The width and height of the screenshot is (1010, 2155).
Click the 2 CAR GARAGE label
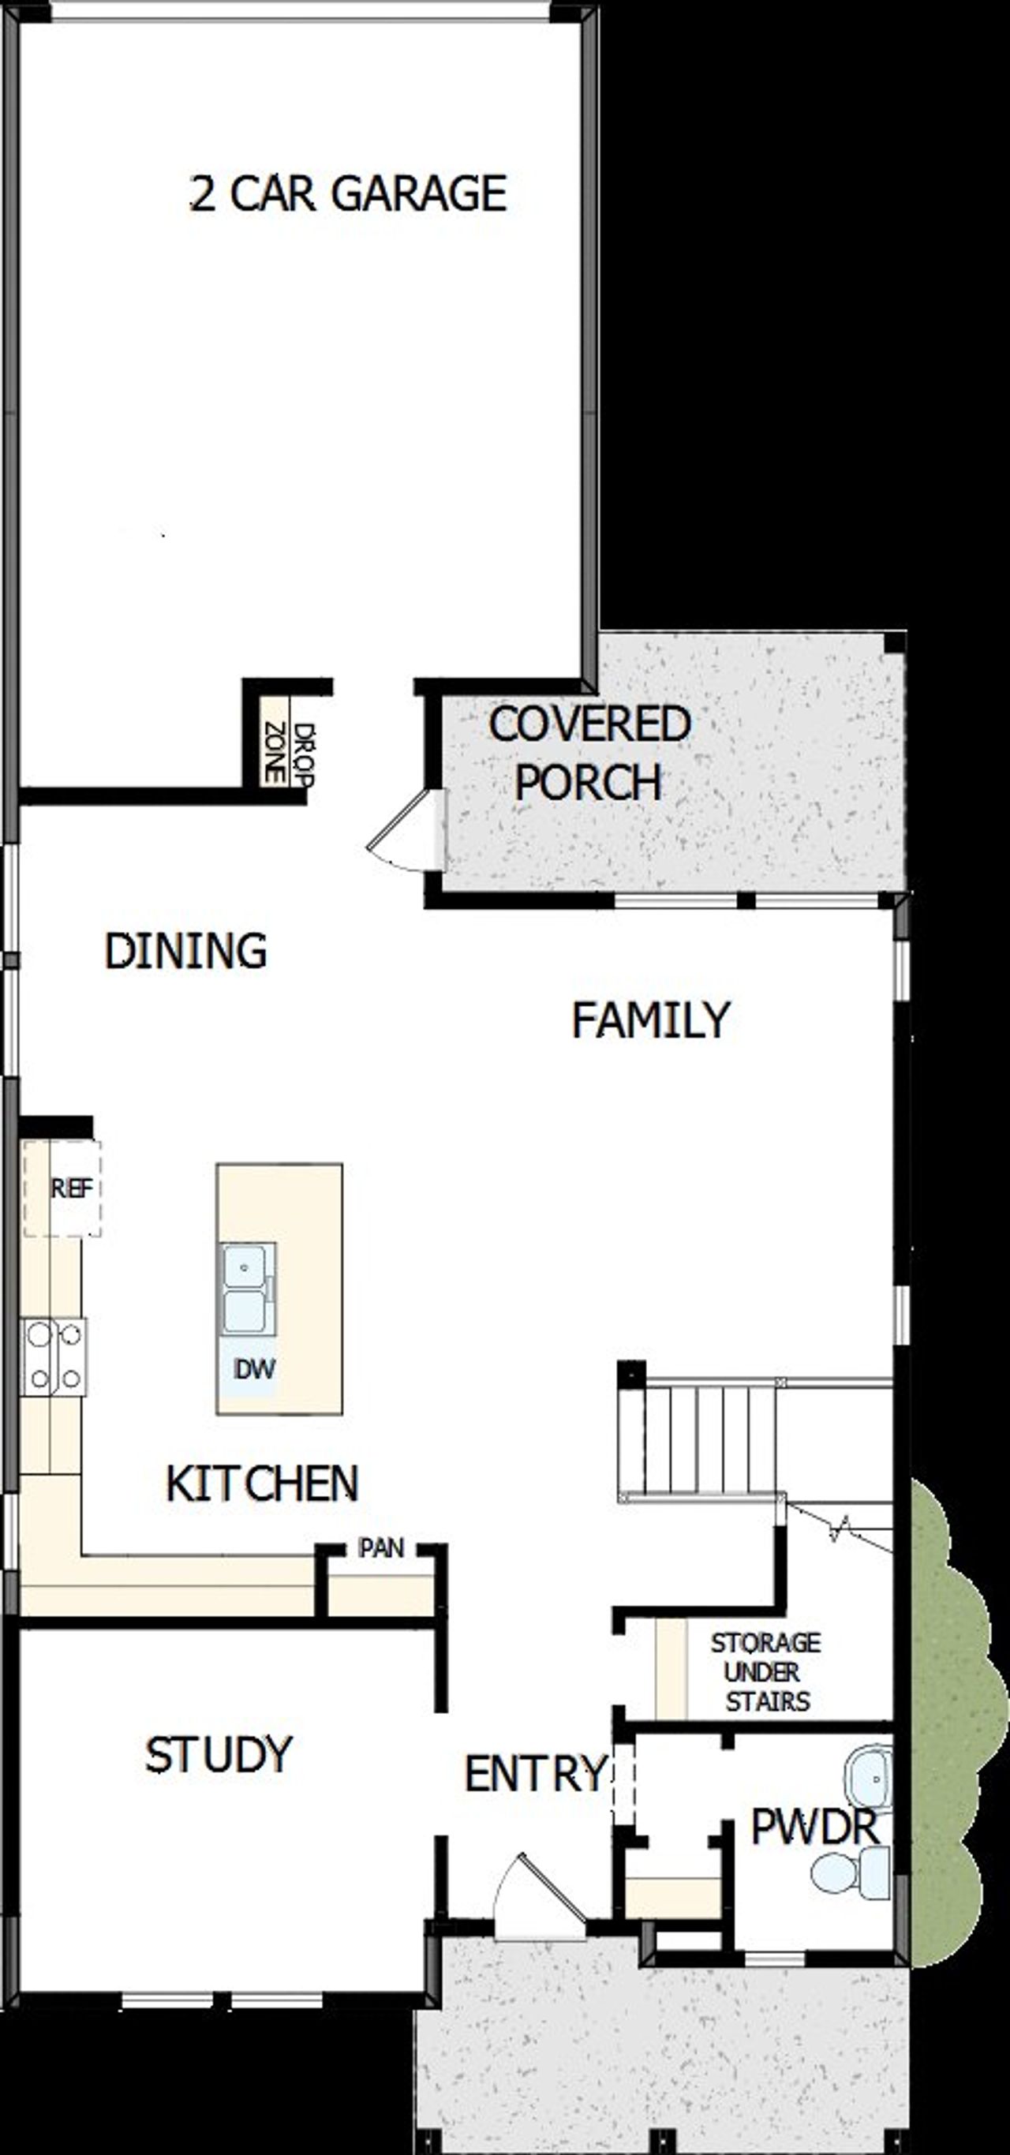click(348, 194)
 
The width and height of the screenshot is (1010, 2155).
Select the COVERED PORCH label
click(589, 752)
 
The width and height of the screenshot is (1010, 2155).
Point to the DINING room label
click(185, 951)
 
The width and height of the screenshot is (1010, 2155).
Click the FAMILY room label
click(650, 1020)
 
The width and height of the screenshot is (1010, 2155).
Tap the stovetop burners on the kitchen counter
click(54, 1356)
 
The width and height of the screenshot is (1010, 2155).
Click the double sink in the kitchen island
click(245, 1289)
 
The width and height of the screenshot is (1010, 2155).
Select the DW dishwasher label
click(254, 1369)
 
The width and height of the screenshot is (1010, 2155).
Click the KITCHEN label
click(262, 1483)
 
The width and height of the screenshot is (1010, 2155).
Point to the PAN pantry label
click(382, 1548)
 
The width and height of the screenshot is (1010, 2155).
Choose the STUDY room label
click(219, 1754)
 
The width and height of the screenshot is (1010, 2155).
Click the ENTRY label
click(536, 1774)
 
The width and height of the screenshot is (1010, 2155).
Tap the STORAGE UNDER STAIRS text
click(765, 1672)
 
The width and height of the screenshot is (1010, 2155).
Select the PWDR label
click(814, 1827)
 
